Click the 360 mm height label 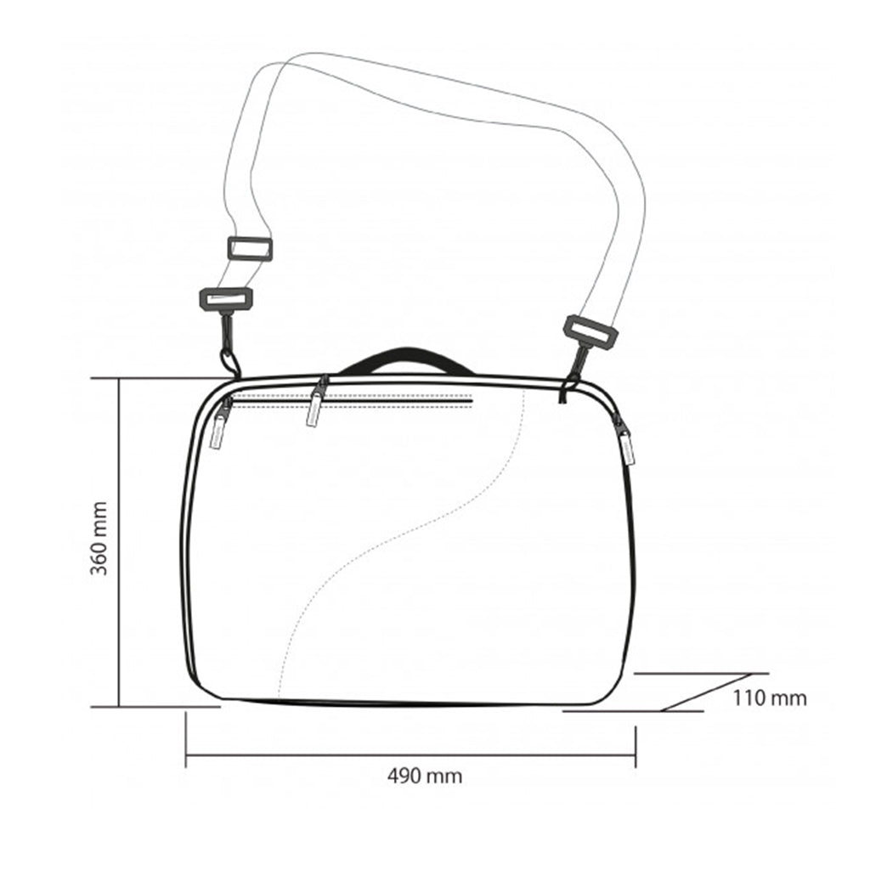point(99,538)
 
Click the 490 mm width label point(425,776)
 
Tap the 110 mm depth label point(770,698)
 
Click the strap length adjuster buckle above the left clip point(251,249)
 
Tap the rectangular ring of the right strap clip point(591,333)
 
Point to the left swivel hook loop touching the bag point(229,361)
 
